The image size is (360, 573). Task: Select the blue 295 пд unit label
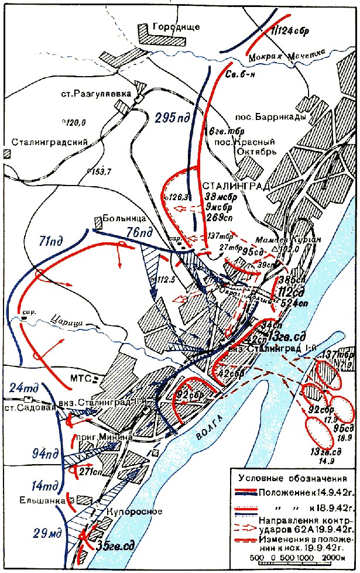[x=173, y=117]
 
